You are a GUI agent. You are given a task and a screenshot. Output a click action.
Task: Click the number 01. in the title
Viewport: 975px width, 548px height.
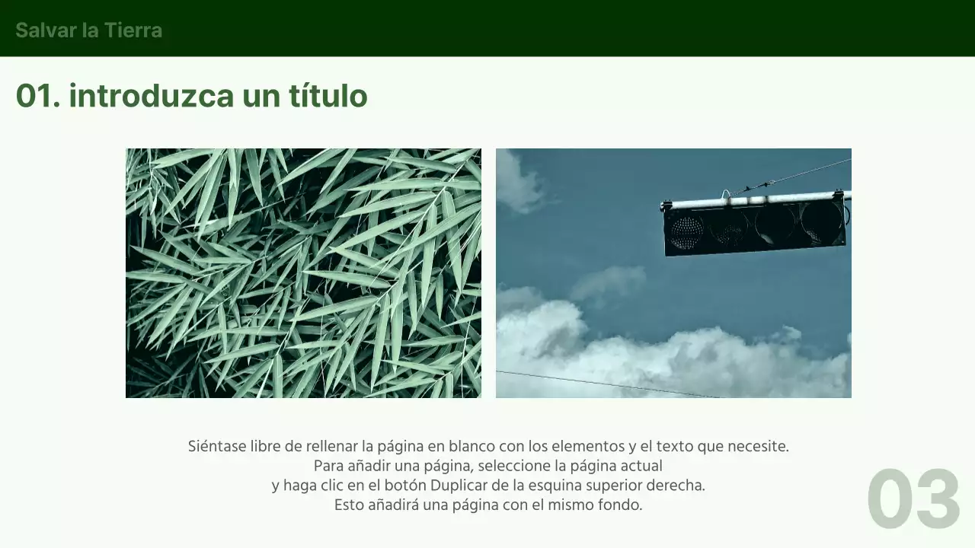pos(37,97)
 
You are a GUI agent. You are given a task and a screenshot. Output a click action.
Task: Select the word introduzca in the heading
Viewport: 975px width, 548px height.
pos(152,97)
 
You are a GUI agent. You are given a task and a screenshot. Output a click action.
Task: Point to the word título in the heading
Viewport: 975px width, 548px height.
pos(328,97)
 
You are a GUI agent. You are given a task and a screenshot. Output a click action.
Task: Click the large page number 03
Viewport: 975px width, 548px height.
pos(913,500)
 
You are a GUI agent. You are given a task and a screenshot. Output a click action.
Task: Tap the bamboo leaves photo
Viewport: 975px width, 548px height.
pos(303,272)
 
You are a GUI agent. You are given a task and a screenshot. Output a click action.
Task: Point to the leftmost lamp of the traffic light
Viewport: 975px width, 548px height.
pos(686,231)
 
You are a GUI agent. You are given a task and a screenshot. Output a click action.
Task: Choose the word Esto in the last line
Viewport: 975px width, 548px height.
pos(348,505)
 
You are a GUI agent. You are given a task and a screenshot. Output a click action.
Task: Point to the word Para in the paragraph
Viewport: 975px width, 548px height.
pos(328,466)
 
